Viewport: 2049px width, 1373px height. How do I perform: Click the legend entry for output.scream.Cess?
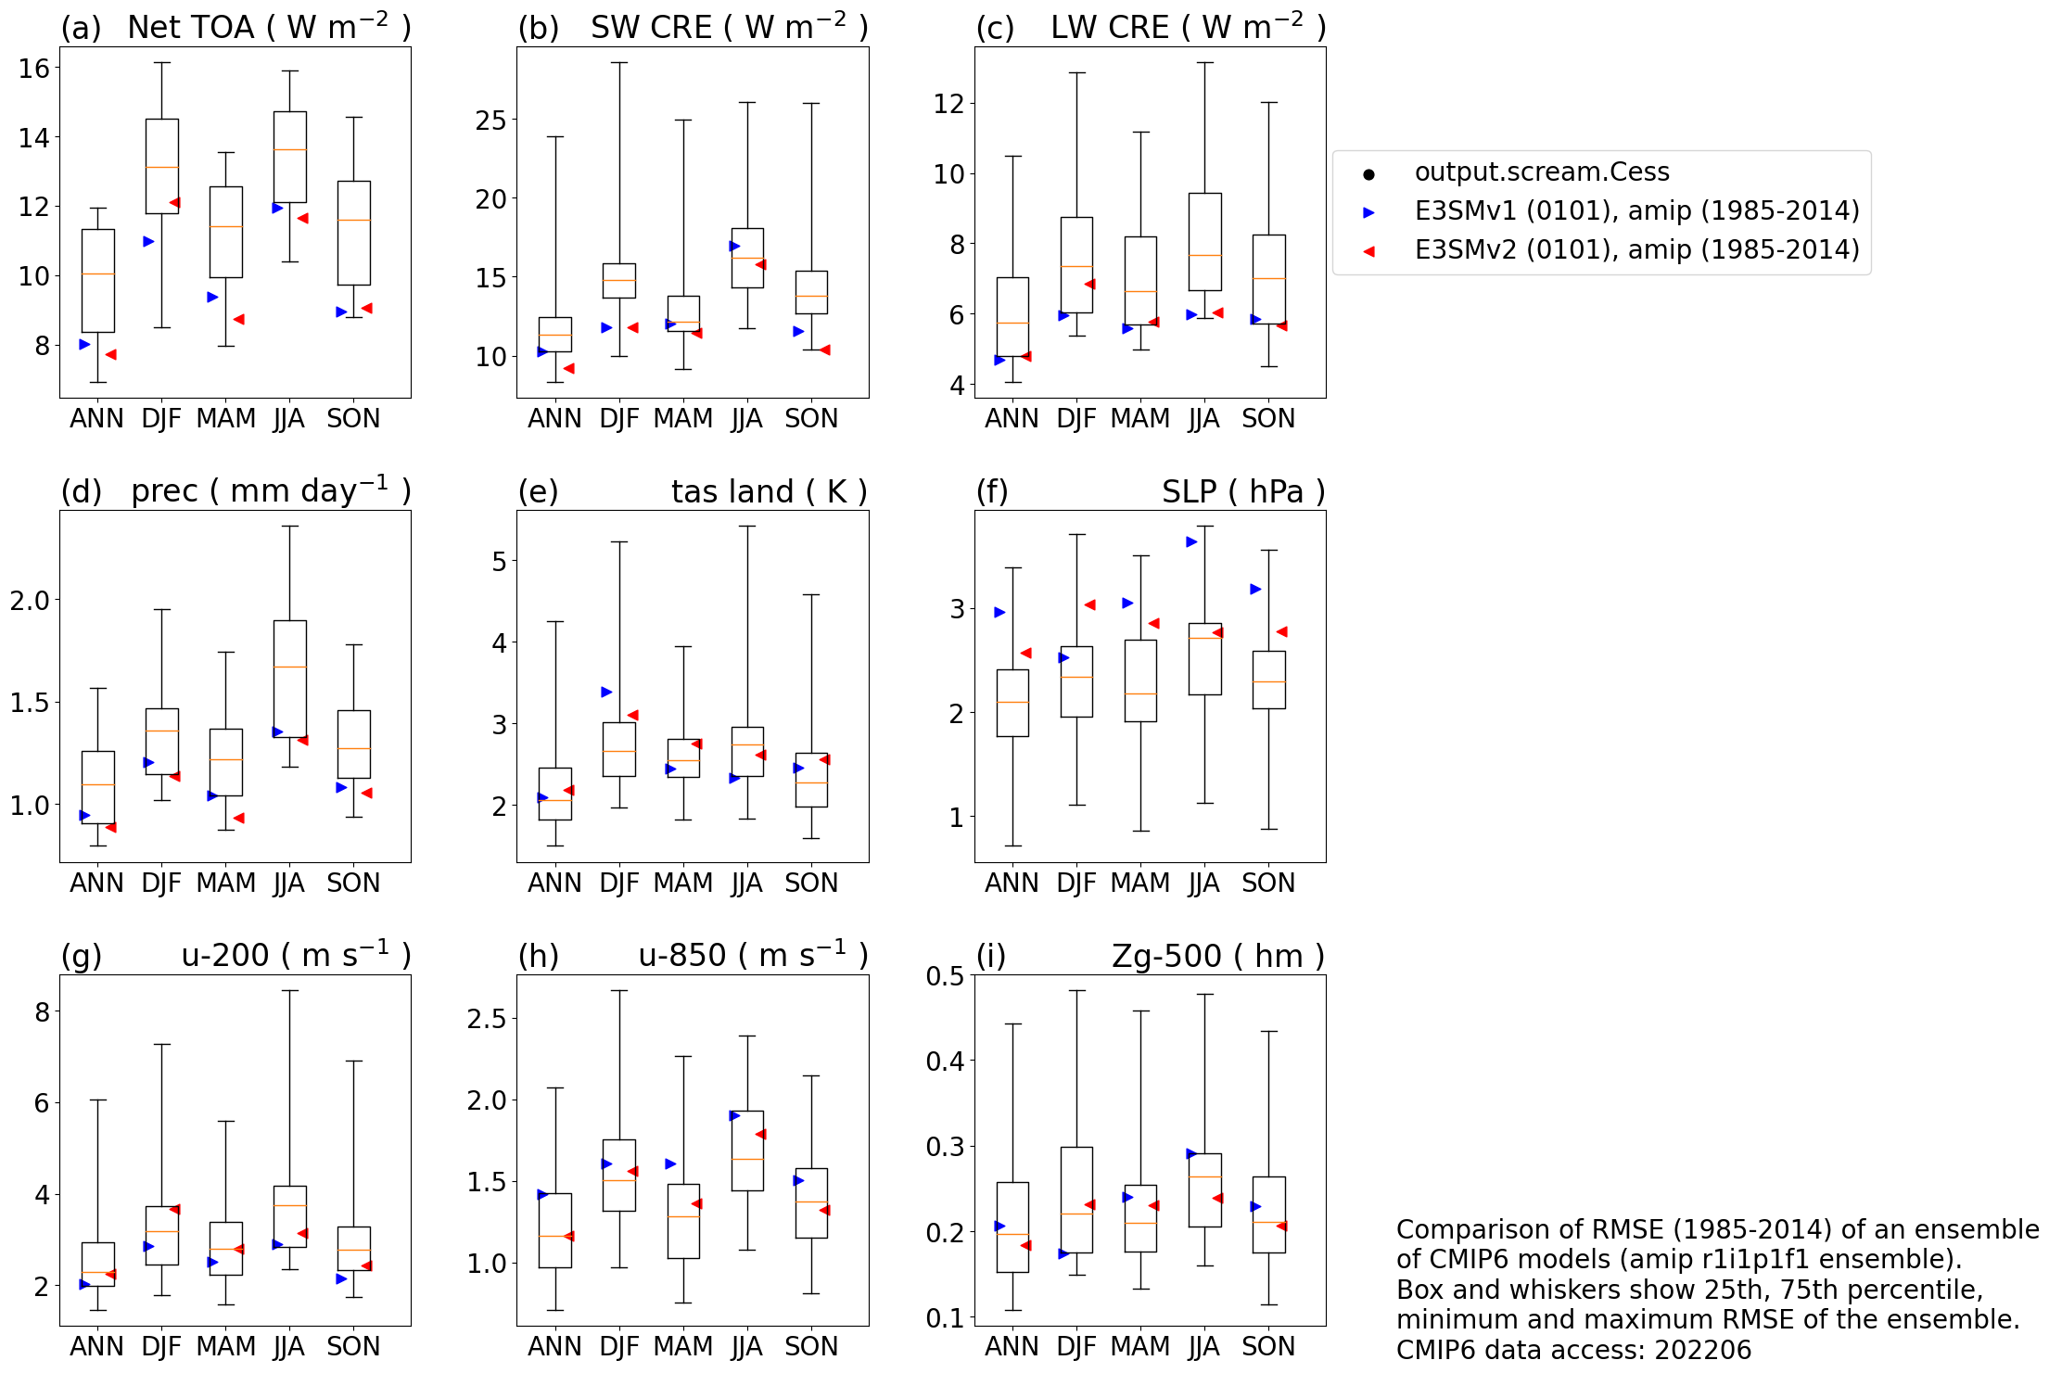point(1541,172)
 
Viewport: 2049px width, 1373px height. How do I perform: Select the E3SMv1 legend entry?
point(1636,211)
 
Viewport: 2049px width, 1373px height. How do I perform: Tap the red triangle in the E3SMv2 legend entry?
point(1368,251)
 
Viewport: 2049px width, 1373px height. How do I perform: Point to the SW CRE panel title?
point(729,27)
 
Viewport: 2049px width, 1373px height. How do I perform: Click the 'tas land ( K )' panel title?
point(769,491)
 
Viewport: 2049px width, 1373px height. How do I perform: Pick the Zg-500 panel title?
point(1217,956)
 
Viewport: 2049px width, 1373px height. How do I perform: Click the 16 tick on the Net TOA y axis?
point(34,68)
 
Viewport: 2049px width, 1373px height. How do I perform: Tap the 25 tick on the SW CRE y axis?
point(490,121)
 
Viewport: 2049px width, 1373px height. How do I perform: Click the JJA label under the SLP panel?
point(1203,884)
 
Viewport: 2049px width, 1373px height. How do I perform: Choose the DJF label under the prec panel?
point(161,884)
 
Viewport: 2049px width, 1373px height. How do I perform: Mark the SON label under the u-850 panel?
point(811,1347)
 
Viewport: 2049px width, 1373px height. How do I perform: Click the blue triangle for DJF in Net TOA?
point(148,242)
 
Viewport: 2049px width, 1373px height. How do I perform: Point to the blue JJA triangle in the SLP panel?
point(1191,542)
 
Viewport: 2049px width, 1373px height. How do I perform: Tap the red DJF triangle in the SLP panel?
point(1089,605)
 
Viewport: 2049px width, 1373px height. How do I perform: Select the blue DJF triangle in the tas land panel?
point(606,693)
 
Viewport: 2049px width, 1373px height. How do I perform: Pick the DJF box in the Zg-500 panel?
point(1076,1200)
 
